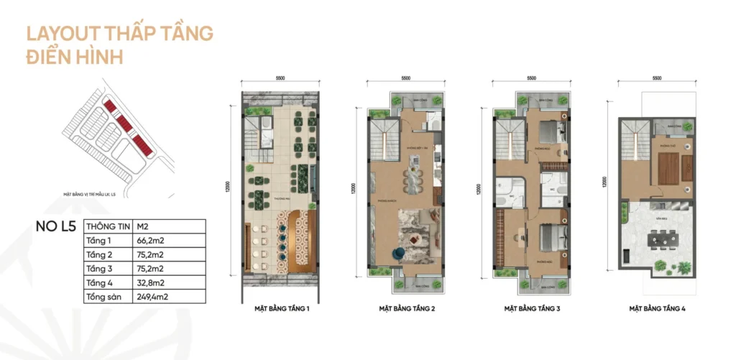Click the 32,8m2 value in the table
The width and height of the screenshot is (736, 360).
point(155,282)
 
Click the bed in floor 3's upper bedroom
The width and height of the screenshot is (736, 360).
point(549,132)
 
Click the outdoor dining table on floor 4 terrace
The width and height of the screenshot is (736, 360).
point(656,238)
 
